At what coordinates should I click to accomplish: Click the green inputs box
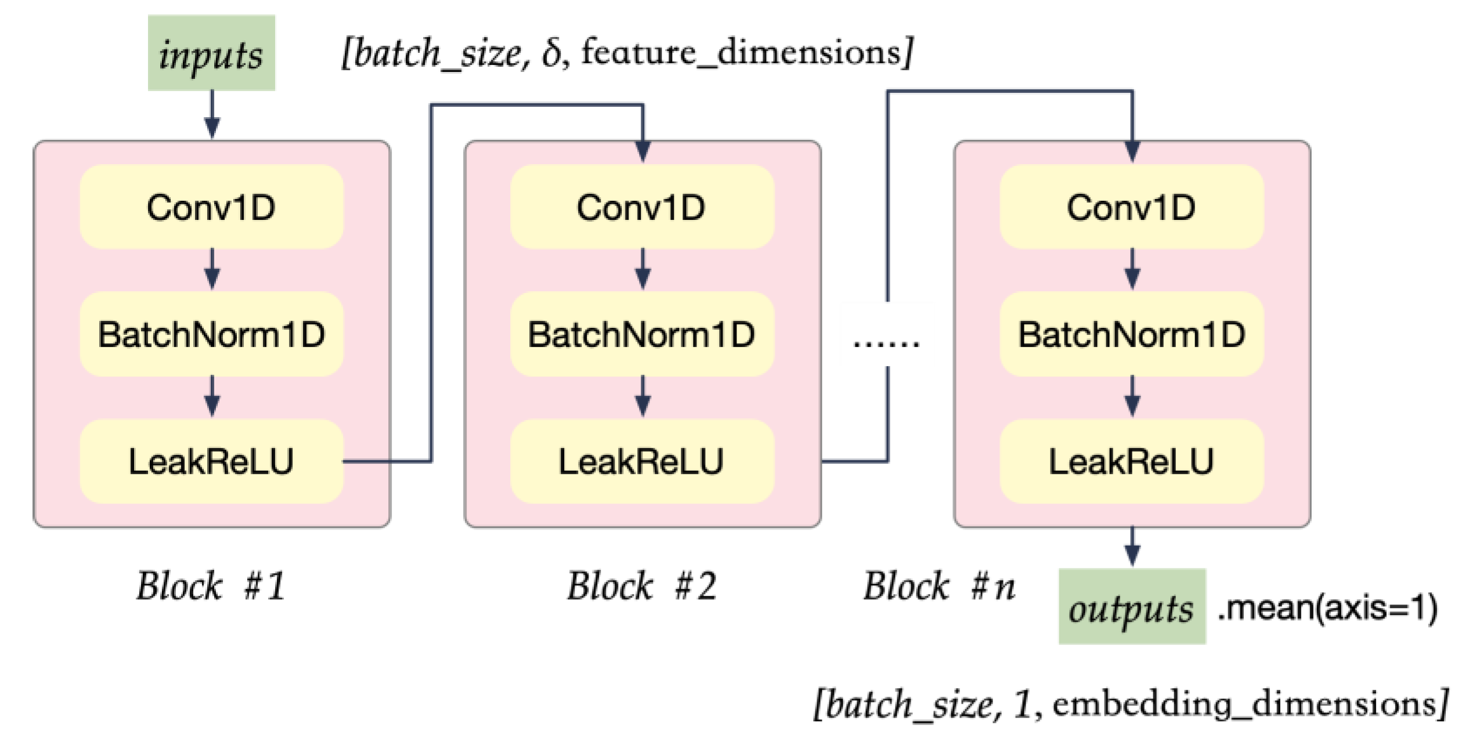click(x=211, y=53)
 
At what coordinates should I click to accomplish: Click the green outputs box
click(x=1132, y=607)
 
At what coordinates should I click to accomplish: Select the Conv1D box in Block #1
click(x=211, y=207)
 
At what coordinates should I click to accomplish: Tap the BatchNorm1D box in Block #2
click(x=642, y=334)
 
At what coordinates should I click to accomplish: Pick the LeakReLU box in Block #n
click(x=1132, y=461)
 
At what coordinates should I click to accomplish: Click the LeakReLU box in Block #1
click(x=211, y=461)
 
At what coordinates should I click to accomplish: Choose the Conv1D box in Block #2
click(x=642, y=207)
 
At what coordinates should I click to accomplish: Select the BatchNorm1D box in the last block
click(x=1132, y=334)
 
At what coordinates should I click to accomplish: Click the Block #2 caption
click(x=642, y=586)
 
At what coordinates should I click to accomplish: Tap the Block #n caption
click(x=939, y=586)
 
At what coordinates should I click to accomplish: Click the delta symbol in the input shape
click(x=551, y=53)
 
